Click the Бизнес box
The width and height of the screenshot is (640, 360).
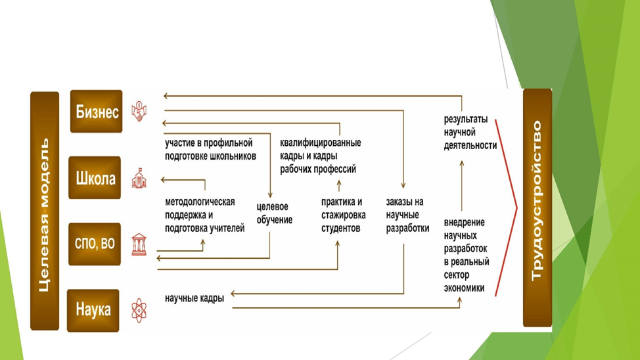click(x=96, y=112)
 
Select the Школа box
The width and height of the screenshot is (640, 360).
click(x=95, y=178)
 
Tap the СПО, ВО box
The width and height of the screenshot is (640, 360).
click(x=95, y=244)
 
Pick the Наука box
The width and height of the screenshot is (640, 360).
click(x=93, y=310)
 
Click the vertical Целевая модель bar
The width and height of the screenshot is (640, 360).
click(x=45, y=210)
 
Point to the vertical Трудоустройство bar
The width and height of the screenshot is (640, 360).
click(x=537, y=208)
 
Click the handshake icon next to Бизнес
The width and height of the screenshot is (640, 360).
click(x=139, y=112)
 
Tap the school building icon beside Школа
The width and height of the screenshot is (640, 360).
click(x=139, y=179)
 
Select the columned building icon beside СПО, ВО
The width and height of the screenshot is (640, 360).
click(x=139, y=244)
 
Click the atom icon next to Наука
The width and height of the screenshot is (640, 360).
click(x=139, y=310)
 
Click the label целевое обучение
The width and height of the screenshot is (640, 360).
click(x=275, y=214)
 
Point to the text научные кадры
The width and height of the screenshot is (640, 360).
click(x=194, y=298)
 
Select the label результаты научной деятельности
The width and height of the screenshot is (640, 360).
click(x=470, y=133)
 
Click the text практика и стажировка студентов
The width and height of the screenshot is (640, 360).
click(x=341, y=215)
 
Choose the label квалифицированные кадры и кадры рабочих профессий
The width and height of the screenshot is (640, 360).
click(x=320, y=156)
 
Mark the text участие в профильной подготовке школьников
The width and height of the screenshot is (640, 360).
click(x=210, y=149)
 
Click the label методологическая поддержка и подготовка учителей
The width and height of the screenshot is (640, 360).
click(x=204, y=215)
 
